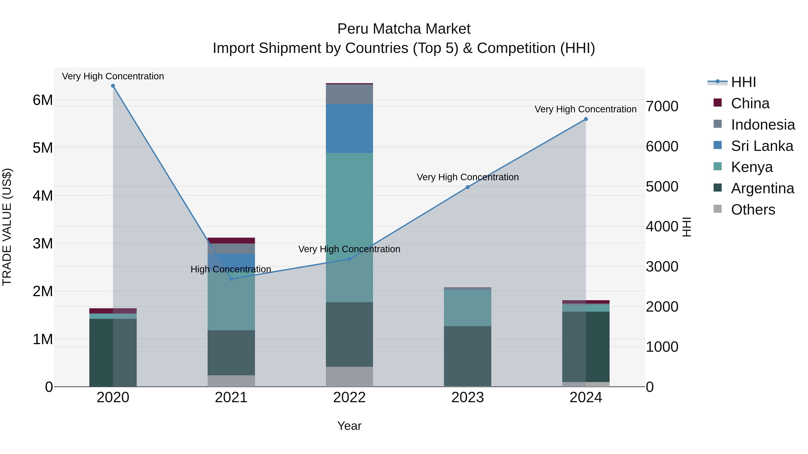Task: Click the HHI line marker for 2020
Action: click(113, 86)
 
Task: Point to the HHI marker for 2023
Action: click(468, 187)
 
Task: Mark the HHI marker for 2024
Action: click(586, 119)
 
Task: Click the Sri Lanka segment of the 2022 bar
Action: click(349, 128)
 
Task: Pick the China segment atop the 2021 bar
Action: click(231, 241)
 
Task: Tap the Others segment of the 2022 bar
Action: click(349, 377)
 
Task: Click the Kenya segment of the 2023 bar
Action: click(468, 308)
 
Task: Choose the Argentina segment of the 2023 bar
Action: click(468, 356)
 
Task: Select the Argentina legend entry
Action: click(762, 188)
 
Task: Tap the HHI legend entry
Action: click(743, 82)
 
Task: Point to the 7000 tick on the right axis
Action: click(662, 106)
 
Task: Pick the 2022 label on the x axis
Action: click(349, 398)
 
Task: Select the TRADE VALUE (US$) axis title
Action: click(7, 227)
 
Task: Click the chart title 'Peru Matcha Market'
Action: click(404, 29)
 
